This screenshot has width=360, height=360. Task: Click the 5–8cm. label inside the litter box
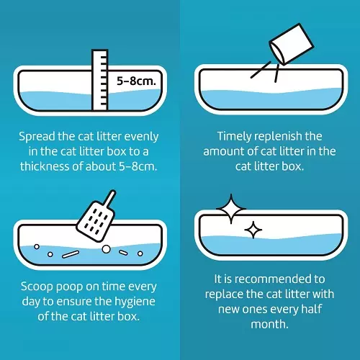pyautogui.click(x=136, y=81)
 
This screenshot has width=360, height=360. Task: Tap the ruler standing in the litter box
pyautogui.click(x=100, y=80)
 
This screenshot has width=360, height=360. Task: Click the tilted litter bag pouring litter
pyautogui.click(x=291, y=44)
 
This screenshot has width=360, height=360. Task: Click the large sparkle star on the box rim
pyautogui.click(x=231, y=209)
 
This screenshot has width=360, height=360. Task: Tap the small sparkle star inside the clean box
pyautogui.click(x=253, y=230)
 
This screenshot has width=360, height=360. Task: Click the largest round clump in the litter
pyautogui.click(x=106, y=249)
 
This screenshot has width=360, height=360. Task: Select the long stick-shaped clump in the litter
pyautogui.click(x=71, y=254)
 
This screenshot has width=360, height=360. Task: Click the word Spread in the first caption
pyautogui.click(x=37, y=137)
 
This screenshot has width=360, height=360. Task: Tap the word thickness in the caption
pyautogui.click(x=45, y=166)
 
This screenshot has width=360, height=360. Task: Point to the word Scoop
pyautogui.click(x=37, y=287)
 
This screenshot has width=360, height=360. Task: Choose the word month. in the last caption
pyautogui.click(x=269, y=325)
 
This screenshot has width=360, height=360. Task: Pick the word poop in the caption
pyautogui.click(x=69, y=287)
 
